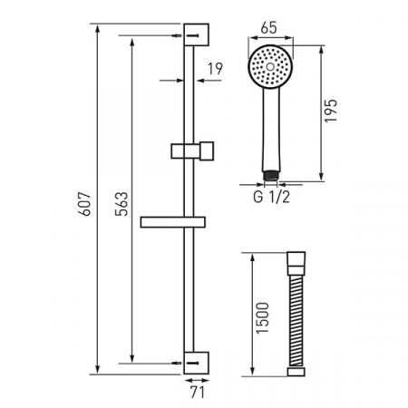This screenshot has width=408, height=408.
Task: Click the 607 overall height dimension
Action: click(84, 203)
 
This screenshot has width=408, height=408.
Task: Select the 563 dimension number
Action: click(121, 204)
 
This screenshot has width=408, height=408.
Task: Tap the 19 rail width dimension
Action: click(215, 69)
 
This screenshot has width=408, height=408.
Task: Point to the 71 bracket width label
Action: click(198, 393)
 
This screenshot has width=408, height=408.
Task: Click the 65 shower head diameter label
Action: click(268, 27)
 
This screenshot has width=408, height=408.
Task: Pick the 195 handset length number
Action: click(331, 111)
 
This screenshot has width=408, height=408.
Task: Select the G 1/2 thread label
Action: click(271, 197)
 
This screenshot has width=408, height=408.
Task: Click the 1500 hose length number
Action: click(262, 318)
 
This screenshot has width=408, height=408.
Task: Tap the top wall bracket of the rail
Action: click(196, 34)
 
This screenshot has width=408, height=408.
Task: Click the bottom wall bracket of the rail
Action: click(196, 363)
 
